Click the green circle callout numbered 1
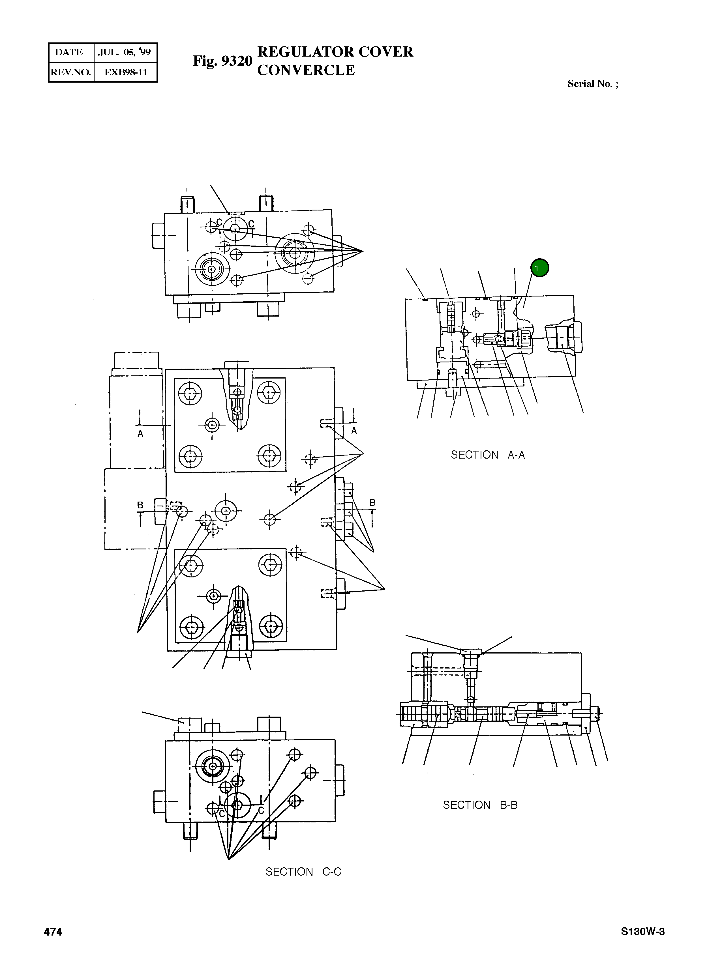(x=539, y=268)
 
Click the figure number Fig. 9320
(x=222, y=61)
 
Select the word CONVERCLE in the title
(x=306, y=70)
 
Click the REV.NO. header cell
(x=71, y=72)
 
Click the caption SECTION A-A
(x=487, y=455)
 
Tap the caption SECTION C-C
(x=303, y=872)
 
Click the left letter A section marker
(x=140, y=434)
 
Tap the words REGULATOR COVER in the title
(x=335, y=52)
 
